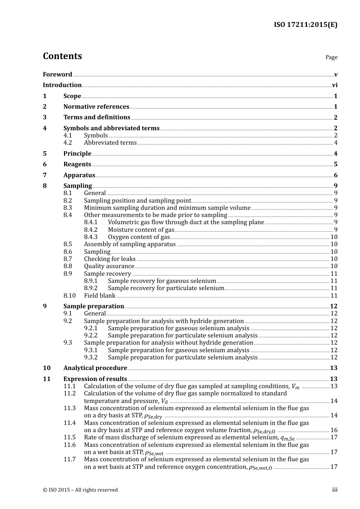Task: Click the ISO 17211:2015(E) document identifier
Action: coord(305,25)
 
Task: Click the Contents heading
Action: coord(62,56)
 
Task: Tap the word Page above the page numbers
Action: coord(331,57)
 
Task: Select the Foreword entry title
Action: coord(57,75)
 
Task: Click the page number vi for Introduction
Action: coord(335,85)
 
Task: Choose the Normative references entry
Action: coord(96,107)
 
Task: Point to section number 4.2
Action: coord(67,143)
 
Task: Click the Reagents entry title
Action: coord(77,164)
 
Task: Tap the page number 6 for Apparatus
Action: coord(335,175)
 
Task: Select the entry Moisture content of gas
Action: coord(141,230)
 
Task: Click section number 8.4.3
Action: coord(91,237)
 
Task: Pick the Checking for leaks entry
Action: coord(110,259)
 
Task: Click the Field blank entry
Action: coord(100,296)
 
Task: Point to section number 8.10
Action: coord(69,296)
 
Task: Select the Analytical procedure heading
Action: coord(95,368)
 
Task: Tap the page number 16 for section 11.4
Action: coord(334,430)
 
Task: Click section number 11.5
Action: coord(69,437)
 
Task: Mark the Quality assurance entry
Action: coord(109,266)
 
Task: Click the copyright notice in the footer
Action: coord(80,490)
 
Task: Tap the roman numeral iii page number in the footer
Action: coord(335,490)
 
